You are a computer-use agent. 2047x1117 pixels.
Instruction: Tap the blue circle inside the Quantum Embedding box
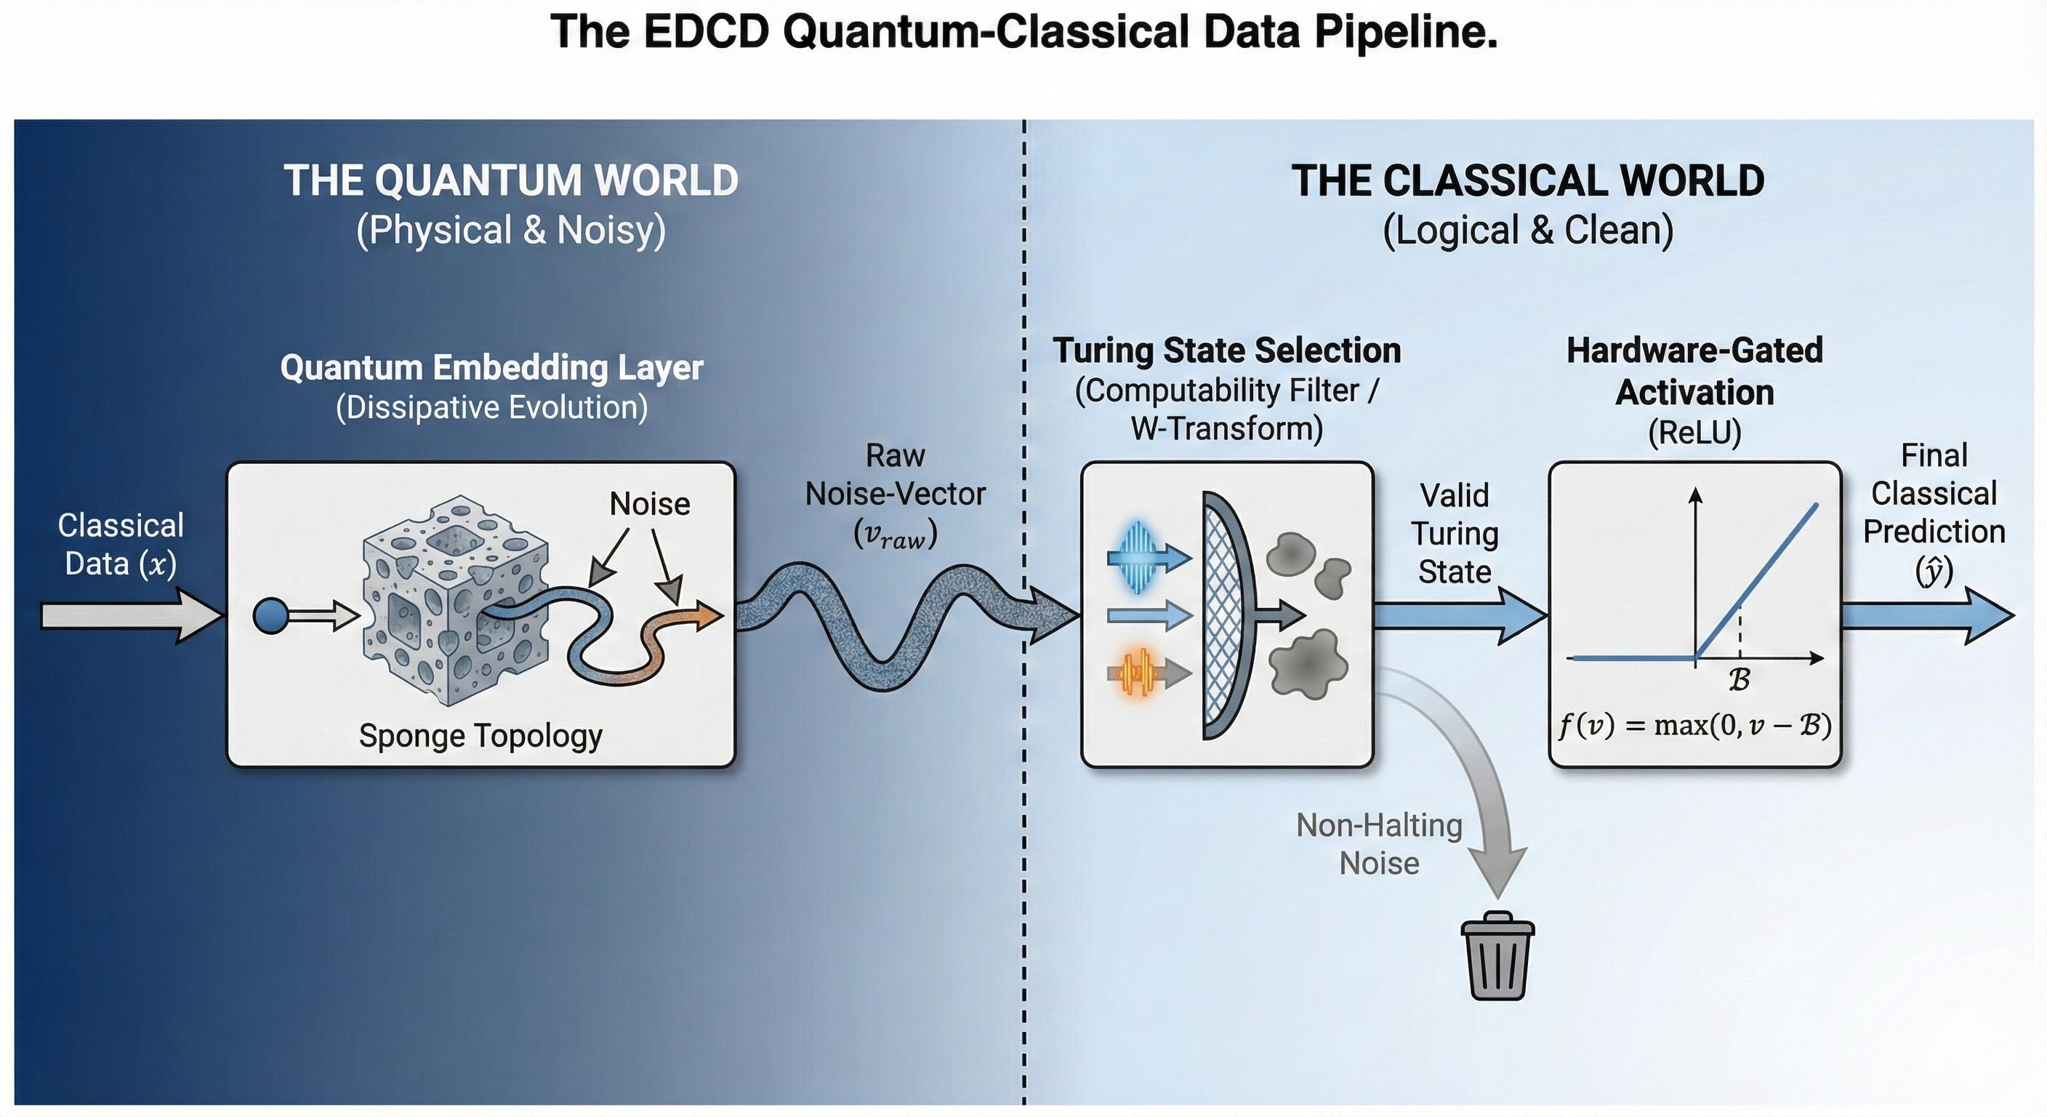click(271, 616)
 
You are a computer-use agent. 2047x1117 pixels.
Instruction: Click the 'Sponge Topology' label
click(480, 735)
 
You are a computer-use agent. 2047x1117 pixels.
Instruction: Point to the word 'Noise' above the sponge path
click(649, 504)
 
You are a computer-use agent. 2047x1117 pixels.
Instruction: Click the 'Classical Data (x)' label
click(121, 545)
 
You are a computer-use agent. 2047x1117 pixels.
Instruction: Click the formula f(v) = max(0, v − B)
click(1694, 726)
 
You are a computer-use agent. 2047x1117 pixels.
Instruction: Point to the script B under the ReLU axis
click(1739, 681)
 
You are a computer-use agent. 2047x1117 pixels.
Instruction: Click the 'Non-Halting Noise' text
click(1379, 844)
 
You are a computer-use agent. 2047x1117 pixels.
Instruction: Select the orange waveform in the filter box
click(1138, 673)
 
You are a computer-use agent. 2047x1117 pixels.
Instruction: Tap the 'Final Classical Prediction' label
click(1934, 513)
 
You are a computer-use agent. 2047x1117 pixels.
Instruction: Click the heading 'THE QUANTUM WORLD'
click(511, 180)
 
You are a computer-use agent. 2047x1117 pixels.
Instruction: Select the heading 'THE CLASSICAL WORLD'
click(1527, 180)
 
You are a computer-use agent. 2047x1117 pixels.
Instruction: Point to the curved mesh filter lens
click(1228, 616)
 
